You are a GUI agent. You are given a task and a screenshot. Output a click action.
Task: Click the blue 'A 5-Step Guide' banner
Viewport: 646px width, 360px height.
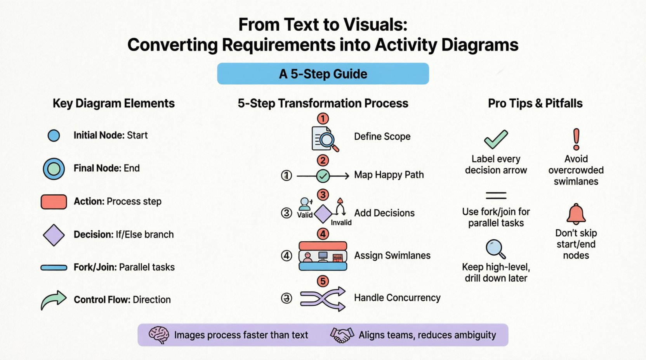[323, 74]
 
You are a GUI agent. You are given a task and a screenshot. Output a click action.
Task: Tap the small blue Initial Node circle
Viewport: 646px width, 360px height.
[54, 135]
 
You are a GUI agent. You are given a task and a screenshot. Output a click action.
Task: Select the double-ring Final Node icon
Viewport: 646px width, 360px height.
[54, 169]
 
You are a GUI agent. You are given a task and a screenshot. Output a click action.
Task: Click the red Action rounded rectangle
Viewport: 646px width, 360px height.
[54, 202]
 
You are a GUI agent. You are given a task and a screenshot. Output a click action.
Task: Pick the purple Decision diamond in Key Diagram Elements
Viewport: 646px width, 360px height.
[54, 235]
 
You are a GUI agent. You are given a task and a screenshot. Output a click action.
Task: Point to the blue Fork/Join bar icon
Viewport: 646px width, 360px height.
[54, 267]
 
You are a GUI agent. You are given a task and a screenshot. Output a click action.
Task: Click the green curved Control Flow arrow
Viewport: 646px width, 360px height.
[53, 299]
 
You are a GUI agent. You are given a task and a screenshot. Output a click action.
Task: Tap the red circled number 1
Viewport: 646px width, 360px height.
[323, 118]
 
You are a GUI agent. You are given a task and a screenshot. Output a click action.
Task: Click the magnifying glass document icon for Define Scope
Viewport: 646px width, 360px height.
[325, 138]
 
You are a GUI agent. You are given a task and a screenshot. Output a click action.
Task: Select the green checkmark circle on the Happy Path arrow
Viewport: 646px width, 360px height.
[323, 176]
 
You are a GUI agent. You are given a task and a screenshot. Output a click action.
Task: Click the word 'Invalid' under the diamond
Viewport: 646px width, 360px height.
[341, 223]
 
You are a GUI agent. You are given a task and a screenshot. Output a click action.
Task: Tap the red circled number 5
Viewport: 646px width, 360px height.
[323, 281]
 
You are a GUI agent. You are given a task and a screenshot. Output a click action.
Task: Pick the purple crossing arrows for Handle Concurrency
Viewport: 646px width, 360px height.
[323, 298]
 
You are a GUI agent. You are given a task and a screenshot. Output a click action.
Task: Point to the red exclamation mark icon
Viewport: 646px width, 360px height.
[576, 139]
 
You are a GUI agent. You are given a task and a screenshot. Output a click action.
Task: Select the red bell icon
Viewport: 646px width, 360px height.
[576, 214]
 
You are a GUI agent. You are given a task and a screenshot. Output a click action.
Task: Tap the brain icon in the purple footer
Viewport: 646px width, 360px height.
[159, 335]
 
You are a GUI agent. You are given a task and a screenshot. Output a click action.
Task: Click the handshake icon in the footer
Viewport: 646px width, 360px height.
[342, 335]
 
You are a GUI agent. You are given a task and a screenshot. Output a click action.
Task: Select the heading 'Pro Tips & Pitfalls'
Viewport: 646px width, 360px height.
[535, 103]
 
